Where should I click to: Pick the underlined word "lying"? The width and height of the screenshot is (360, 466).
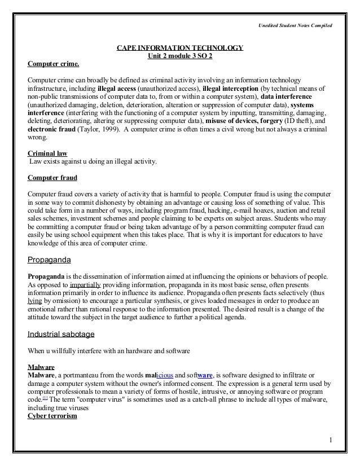[35, 301]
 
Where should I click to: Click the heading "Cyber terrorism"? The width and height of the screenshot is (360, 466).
[52, 416]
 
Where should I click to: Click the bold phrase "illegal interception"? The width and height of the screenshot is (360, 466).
[232, 88]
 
